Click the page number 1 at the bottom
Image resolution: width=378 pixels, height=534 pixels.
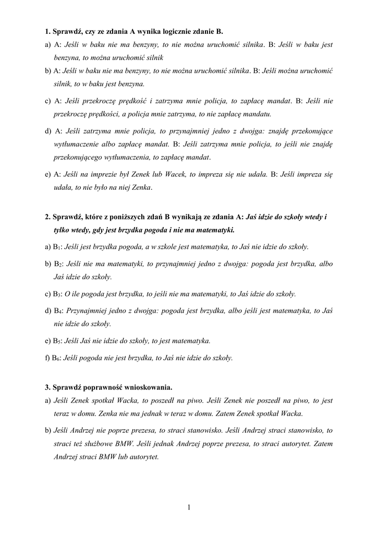tap(189, 507)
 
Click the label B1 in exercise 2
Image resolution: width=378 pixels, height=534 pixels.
tap(57, 247)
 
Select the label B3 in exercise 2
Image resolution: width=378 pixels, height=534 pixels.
tap(57, 294)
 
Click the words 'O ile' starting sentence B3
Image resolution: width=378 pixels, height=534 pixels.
tap(72, 294)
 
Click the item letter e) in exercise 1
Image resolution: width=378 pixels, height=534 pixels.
tap(47, 175)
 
